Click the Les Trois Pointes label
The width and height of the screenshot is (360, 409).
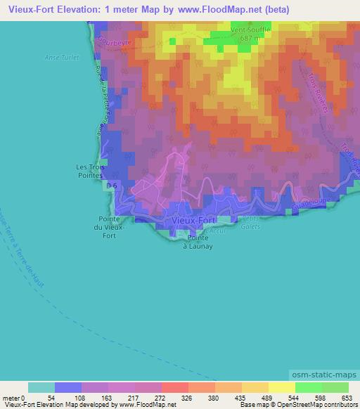click(89, 171)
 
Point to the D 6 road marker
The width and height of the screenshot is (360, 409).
click(111, 186)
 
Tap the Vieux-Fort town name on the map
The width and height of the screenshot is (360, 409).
click(194, 220)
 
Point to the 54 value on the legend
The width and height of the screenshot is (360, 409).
click(55, 397)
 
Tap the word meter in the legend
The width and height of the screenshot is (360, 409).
click(13, 397)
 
